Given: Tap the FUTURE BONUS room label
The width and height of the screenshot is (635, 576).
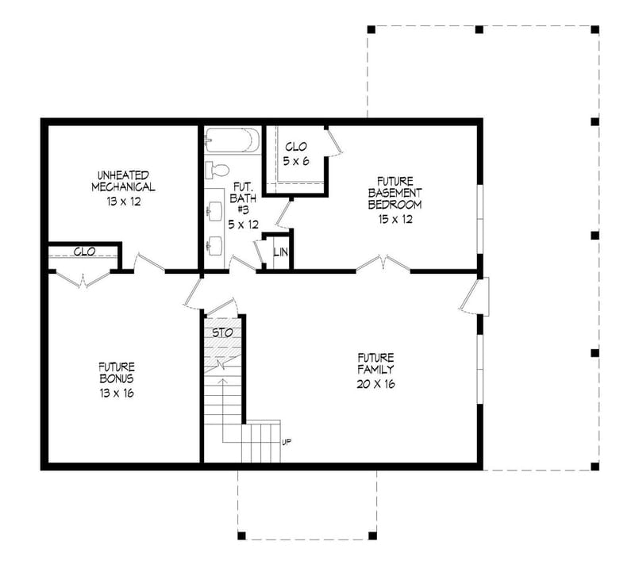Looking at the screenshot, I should coord(117,373).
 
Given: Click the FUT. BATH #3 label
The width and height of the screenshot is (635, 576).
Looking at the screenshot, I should coord(243,203).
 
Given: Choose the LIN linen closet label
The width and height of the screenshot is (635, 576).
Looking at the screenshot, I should coord(280,253).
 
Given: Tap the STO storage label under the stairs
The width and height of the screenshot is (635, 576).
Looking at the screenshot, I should coord(223,332).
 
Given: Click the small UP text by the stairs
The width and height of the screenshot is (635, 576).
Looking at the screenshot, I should coord(286,441).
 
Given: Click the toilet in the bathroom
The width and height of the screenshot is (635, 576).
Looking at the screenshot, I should coord(217,170).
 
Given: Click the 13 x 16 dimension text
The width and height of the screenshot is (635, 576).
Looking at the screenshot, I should coord(117,393).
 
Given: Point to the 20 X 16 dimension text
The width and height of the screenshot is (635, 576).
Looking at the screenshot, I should coord(375,384).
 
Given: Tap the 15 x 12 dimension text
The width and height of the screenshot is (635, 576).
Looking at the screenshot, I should coord(394,220).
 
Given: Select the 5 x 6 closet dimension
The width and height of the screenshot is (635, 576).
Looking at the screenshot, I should coord(295,161).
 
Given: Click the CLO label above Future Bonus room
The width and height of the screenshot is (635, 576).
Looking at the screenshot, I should coord(85,252).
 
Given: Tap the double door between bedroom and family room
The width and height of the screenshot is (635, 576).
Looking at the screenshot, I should coord(383,264).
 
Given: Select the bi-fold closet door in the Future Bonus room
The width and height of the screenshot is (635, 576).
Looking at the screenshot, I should coord(83,278).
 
